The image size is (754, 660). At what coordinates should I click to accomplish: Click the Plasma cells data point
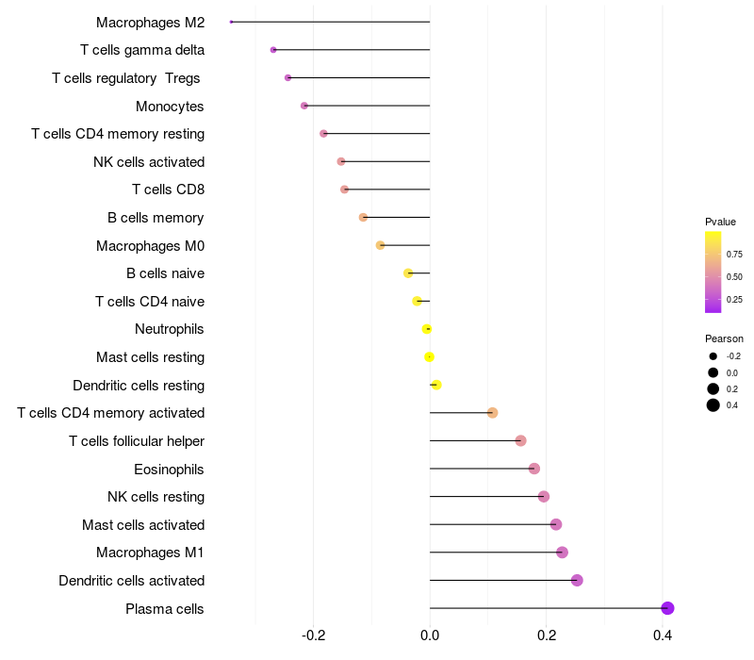667,608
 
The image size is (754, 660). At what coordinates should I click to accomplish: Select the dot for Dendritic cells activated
577,580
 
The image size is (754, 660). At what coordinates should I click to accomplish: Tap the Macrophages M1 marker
563,553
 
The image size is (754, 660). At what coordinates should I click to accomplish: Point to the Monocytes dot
303,106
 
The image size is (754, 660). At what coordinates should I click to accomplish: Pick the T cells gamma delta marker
273,50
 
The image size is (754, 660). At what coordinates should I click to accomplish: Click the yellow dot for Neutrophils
427,329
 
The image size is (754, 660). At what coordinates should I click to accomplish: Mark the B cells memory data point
363,218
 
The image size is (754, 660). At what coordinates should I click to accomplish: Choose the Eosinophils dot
534,469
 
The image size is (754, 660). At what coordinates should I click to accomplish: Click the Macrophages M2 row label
150,22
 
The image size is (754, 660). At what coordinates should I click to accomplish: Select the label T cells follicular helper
137,440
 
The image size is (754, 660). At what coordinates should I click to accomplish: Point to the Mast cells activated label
143,524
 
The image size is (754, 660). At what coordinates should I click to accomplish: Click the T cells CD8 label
168,190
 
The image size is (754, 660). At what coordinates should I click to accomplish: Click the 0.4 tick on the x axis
663,635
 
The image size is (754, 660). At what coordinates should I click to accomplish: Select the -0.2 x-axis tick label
314,635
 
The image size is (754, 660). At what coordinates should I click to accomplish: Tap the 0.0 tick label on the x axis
430,635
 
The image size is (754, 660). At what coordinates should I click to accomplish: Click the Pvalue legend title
720,222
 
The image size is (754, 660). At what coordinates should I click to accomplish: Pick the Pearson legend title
724,338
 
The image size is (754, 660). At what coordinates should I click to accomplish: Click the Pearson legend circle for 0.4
713,405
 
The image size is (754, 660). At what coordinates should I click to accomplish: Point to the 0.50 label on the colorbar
734,276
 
